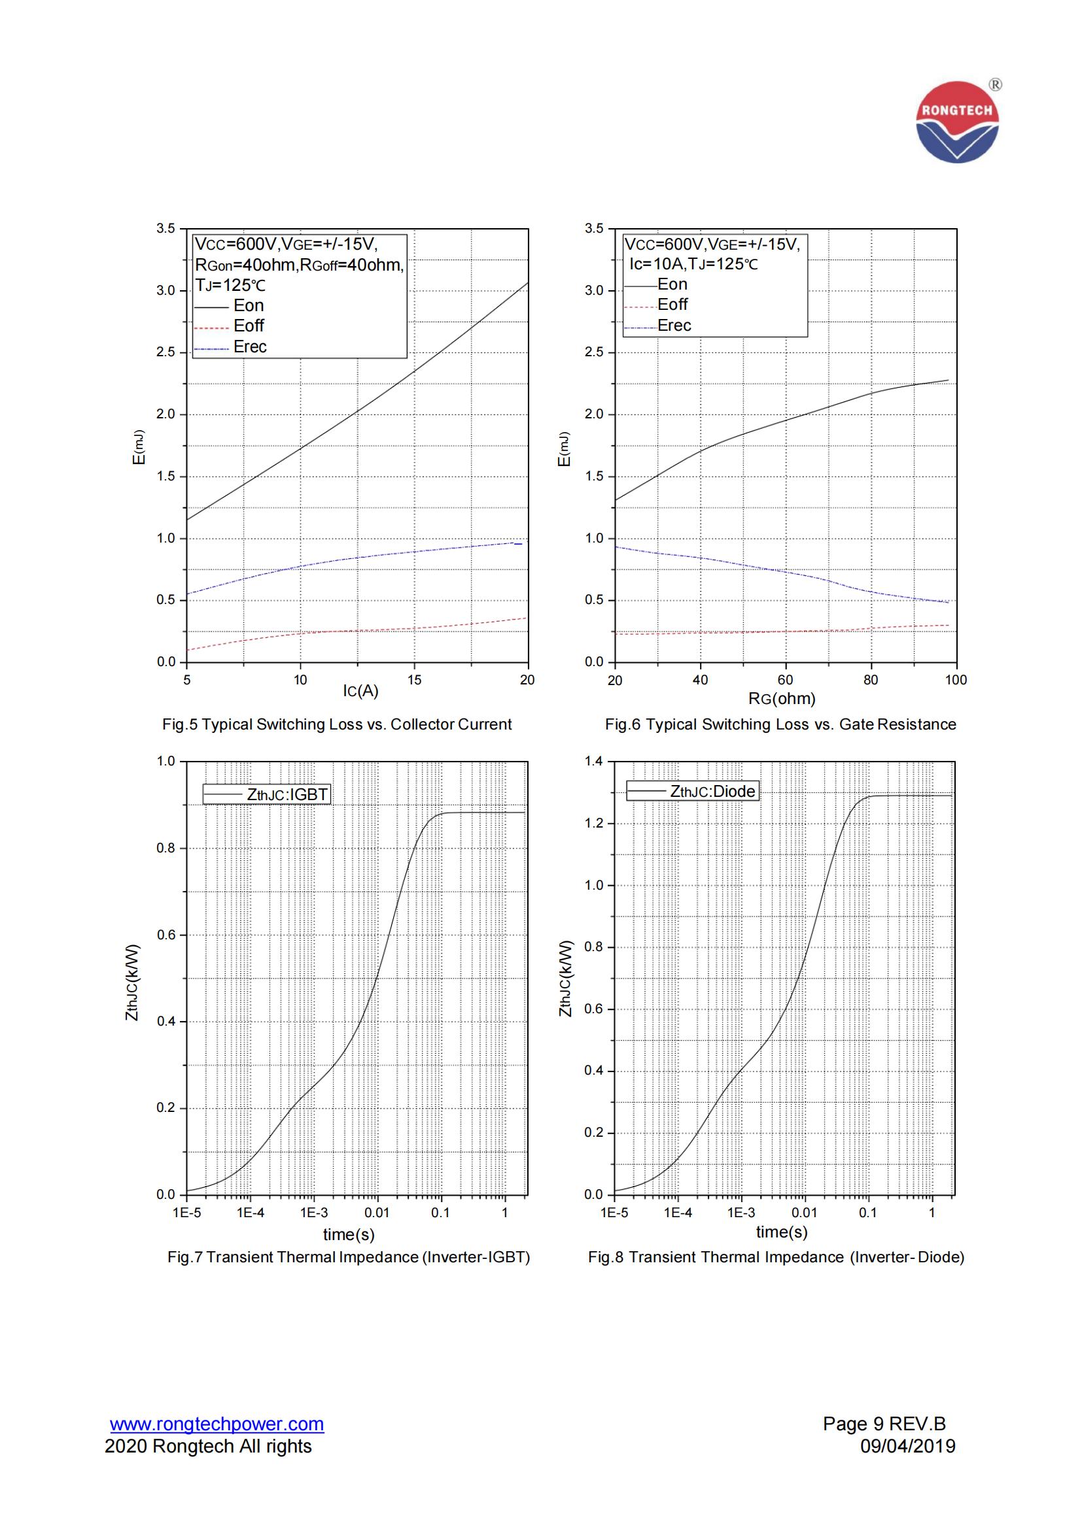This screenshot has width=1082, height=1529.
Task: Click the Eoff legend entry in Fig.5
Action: pos(249,326)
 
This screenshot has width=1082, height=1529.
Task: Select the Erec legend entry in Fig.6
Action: pos(674,326)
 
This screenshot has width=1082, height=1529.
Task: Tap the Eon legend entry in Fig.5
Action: pos(249,306)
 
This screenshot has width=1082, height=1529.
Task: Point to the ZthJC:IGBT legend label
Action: pos(287,794)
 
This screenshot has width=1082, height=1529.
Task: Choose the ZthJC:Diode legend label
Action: pos(712,791)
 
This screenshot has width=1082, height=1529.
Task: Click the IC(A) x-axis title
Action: pos(360,691)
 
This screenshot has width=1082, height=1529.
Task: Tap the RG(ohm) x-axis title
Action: pos(782,699)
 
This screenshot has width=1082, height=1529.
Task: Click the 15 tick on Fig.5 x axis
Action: pos(414,680)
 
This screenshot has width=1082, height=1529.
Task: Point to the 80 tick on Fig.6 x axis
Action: pos(871,680)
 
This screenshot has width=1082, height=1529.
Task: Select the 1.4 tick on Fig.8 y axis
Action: pos(593,761)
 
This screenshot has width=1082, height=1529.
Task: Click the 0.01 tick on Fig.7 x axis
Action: pos(377,1213)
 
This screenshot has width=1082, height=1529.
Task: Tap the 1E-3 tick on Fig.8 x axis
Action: pos(741,1213)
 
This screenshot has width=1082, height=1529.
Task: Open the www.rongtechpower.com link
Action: pos(217,1424)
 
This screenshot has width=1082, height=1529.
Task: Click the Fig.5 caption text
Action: pos(336,724)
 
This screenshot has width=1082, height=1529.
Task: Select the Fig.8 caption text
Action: pos(776,1257)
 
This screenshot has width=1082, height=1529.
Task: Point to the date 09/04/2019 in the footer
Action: pos(907,1447)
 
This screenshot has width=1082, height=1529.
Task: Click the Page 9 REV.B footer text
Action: pos(884,1424)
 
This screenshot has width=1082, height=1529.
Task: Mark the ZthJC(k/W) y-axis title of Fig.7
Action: pos(133,983)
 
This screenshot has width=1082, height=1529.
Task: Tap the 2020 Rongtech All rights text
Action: pos(208,1447)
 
